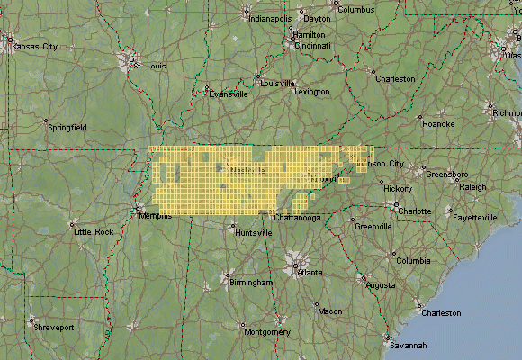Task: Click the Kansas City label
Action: click(x=34, y=46)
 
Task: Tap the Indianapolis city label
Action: click(x=270, y=18)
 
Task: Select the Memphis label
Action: click(x=154, y=215)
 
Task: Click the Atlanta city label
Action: click(x=310, y=272)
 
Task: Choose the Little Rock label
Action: click(x=94, y=232)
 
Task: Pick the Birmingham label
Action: click(x=251, y=283)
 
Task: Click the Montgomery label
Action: click(x=267, y=332)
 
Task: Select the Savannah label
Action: click(x=408, y=345)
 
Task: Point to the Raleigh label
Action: click(x=472, y=187)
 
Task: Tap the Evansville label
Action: click(x=227, y=94)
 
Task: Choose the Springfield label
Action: click(x=67, y=128)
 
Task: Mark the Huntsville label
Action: click(x=253, y=232)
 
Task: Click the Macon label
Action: click(x=330, y=311)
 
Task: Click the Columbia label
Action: click(x=413, y=261)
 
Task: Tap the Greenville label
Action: click(x=373, y=227)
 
